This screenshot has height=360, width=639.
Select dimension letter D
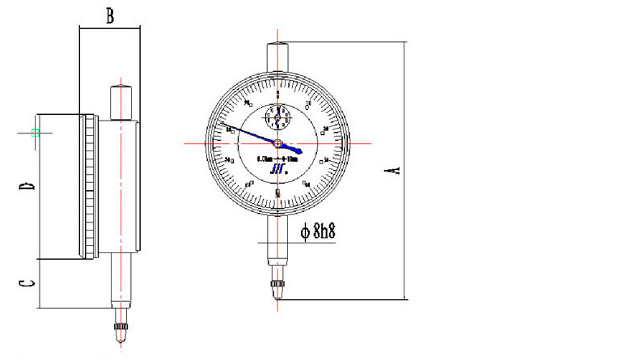coord(28,187)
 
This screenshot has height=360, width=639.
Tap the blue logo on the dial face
coord(277,169)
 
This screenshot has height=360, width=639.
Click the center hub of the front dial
coord(278,144)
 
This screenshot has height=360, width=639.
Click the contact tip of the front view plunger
coord(278,290)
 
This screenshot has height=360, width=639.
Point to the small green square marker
coord(35,133)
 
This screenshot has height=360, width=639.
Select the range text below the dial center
coord(277,159)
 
